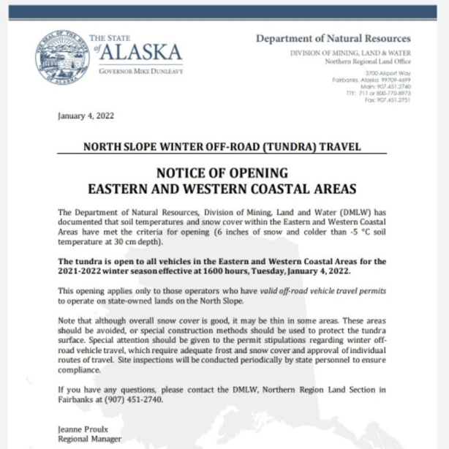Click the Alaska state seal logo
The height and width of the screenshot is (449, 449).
(60, 59)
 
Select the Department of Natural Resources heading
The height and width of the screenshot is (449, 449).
(333, 39)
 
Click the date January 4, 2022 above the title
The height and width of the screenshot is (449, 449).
(86, 116)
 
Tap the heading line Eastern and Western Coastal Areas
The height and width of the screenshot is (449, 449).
(222, 188)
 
